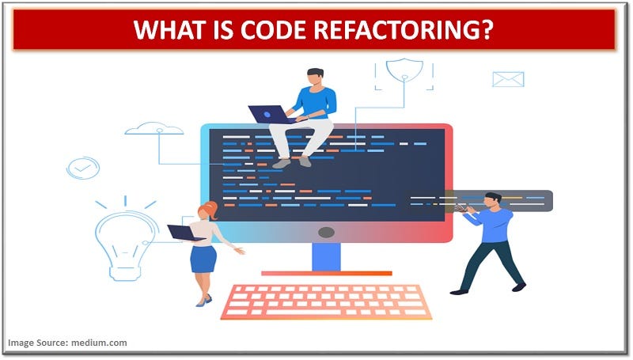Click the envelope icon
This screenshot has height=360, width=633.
click(x=508, y=78)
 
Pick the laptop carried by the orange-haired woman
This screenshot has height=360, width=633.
click(x=184, y=233)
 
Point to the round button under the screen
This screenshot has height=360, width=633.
click(x=325, y=233)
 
